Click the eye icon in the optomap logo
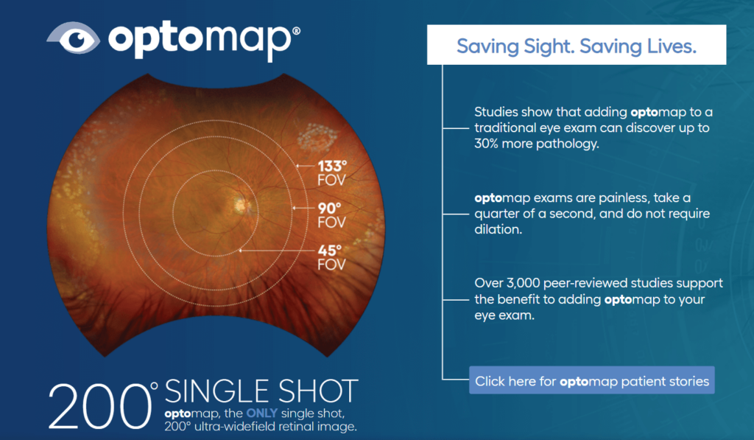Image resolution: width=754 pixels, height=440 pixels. [x=73, y=38]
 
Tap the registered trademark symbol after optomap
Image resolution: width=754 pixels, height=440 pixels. [x=296, y=32]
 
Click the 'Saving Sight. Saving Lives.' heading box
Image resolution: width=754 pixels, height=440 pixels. [x=577, y=46]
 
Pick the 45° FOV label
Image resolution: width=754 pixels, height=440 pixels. [x=330, y=256]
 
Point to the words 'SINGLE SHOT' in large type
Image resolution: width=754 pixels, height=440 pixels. [x=261, y=391]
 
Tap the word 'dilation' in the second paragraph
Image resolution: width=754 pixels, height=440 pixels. [x=497, y=229]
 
